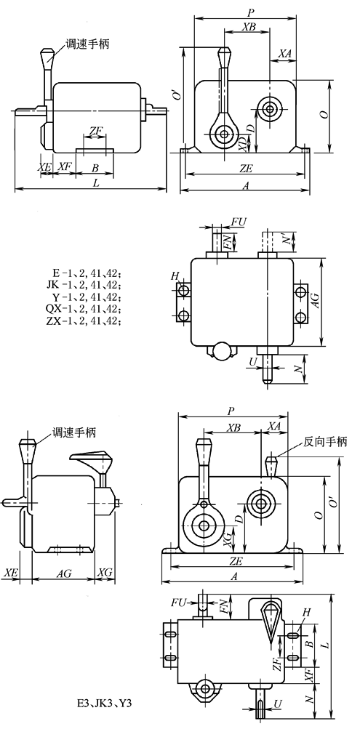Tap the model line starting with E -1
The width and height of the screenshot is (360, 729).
84,273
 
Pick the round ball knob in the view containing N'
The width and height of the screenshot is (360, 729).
219,352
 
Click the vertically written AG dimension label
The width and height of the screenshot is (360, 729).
316,302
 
